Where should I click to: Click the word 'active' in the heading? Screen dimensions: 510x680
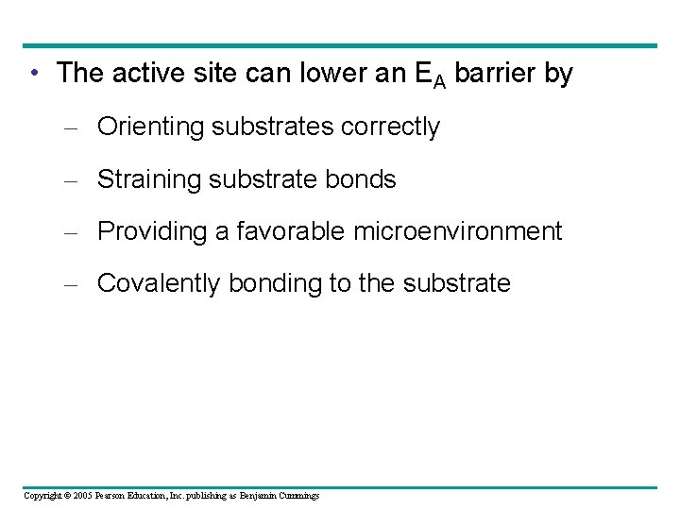tap(144, 73)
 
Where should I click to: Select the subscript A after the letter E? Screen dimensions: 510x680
tap(440, 81)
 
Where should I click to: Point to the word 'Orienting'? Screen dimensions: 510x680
tap(151, 127)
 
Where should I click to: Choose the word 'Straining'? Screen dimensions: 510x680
tap(151, 179)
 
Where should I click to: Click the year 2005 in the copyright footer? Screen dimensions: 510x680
tap(81, 496)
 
